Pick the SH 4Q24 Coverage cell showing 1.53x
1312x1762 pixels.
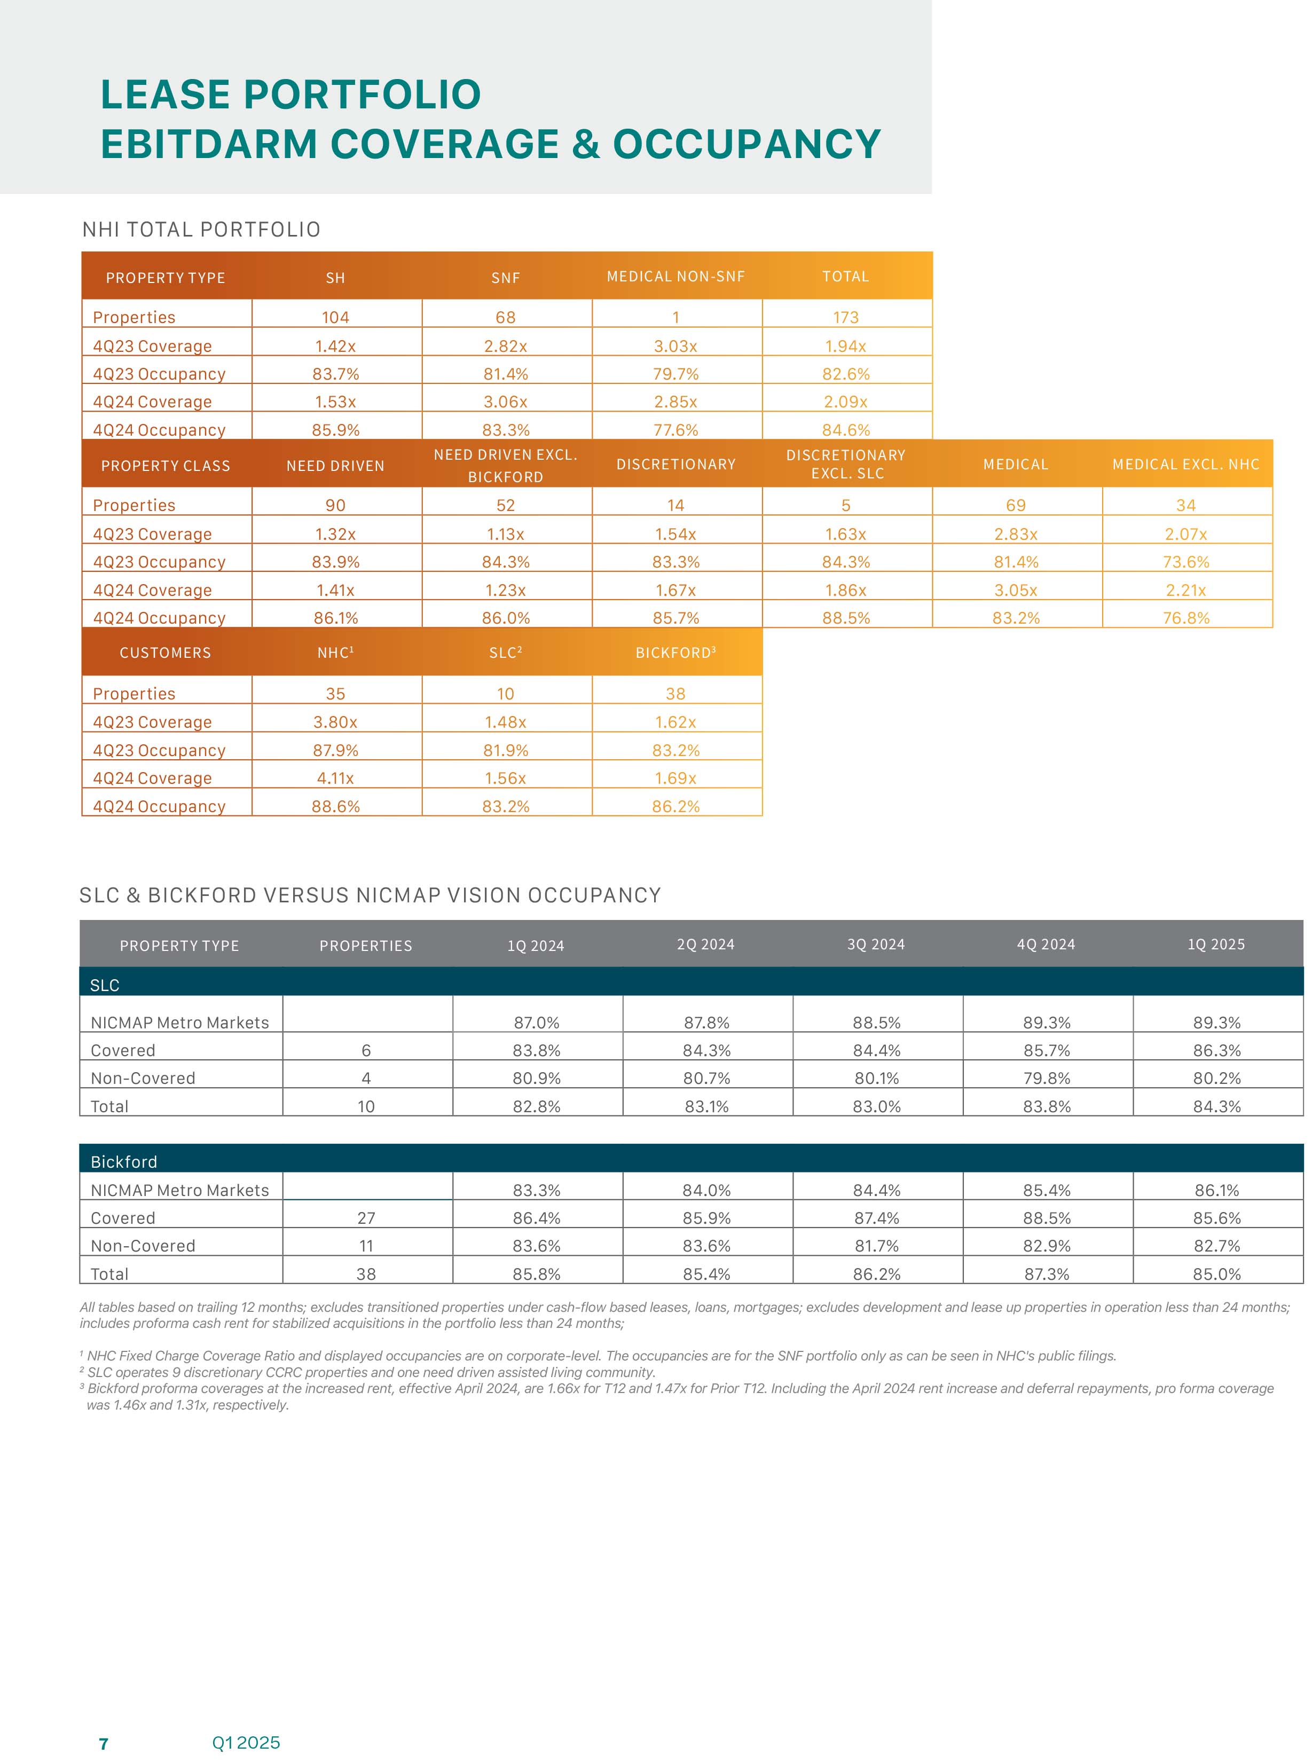[335, 402]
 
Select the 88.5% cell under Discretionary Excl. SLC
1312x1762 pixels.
[846, 618]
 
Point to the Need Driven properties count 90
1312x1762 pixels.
[335, 505]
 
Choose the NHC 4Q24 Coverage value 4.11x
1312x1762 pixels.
[335, 778]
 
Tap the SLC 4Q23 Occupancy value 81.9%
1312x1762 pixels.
[505, 750]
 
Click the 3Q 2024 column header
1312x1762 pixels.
[876, 944]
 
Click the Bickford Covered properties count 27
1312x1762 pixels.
[366, 1218]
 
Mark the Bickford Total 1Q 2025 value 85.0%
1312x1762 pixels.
[1217, 1273]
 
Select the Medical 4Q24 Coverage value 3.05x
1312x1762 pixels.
[1016, 590]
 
